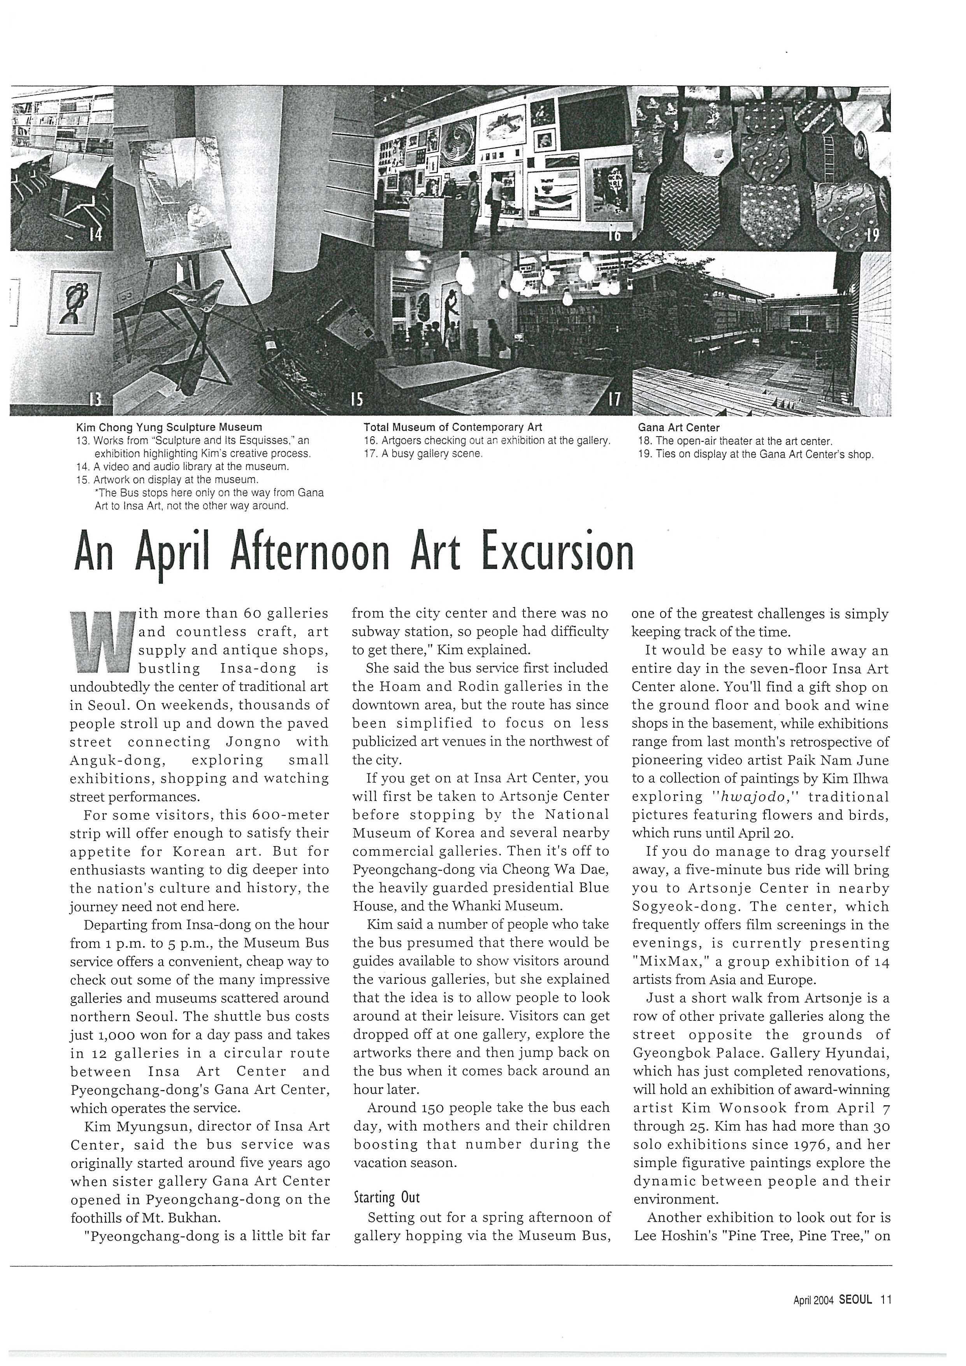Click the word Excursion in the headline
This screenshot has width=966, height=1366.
(557, 551)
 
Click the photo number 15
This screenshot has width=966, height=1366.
(356, 398)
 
